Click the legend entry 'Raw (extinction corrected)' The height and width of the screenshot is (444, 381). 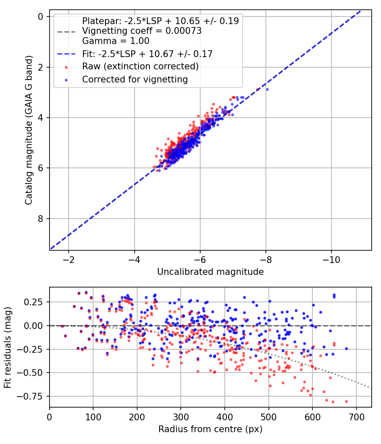coord(140,67)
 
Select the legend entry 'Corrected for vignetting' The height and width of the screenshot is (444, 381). coord(135,79)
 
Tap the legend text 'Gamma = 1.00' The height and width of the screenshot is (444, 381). coord(116,41)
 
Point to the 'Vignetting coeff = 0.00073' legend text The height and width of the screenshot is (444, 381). coord(141,31)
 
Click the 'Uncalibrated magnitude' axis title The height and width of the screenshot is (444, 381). coord(210,272)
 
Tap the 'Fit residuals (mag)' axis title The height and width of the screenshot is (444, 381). coord(8,348)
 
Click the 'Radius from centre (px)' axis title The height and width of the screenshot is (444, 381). coord(210,429)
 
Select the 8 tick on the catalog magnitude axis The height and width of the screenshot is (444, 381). coord(41,219)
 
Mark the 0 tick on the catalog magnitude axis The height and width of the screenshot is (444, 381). coord(41,16)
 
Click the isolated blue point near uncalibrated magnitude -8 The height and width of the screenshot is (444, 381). coord(267,89)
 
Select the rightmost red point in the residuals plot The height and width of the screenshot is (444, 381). coord(346,401)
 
